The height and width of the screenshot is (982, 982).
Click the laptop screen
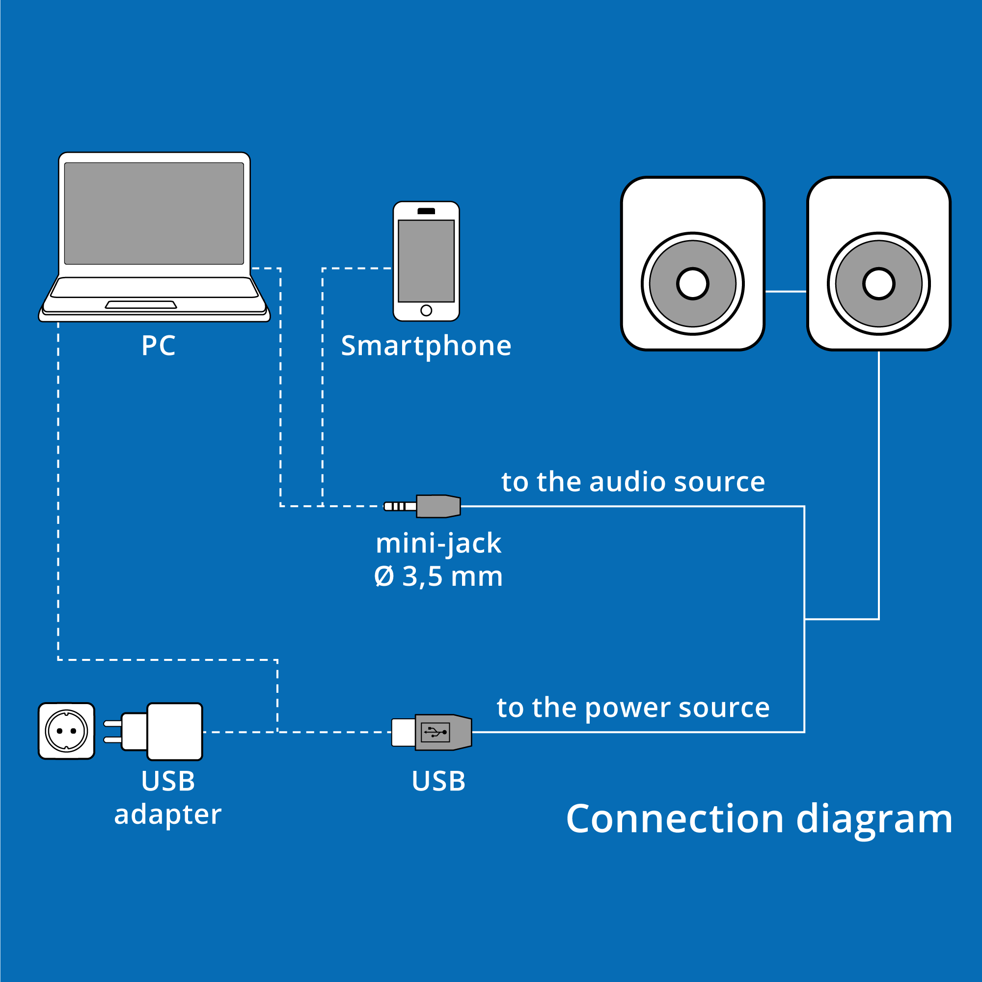[154, 214]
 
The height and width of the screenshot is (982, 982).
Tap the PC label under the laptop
[158, 346]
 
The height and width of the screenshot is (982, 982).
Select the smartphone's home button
[426, 310]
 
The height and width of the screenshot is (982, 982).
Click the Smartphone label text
[426, 346]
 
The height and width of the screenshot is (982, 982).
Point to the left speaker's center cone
[692, 284]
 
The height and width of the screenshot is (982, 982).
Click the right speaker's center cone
[878, 284]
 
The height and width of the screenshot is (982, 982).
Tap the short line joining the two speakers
[785, 291]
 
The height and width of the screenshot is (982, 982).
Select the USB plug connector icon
[432, 732]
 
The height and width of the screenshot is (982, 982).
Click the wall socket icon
[67, 731]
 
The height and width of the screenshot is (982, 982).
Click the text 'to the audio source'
[633, 482]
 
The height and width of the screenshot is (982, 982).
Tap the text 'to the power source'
[633, 708]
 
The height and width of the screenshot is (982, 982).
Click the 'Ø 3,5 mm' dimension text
[438, 576]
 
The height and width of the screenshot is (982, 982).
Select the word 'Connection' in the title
[675, 819]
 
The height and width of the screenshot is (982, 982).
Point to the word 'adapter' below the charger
[168, 815]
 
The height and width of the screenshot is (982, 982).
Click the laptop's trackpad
[141, 304]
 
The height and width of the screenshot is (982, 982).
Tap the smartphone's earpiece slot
[426, 211]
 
